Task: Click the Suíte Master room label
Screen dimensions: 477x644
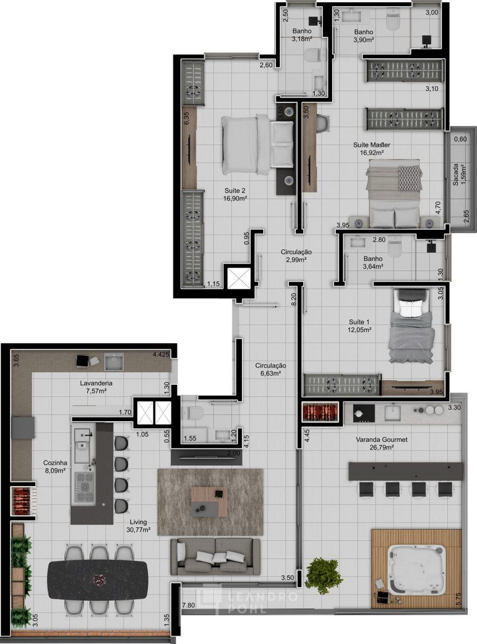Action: [372, 148]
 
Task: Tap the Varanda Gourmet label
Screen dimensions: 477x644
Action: [381, 443]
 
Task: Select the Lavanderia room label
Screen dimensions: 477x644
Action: [96, 387]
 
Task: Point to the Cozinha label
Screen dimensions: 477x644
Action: [55, 466]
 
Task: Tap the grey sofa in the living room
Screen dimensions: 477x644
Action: [216, 557]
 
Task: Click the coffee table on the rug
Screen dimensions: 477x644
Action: [209, 502]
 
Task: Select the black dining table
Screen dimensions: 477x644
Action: [98, 580]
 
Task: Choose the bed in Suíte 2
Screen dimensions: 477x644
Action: [258, 144]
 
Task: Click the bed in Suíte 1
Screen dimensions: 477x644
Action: [411, 326]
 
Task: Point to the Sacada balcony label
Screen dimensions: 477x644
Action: [460, 175]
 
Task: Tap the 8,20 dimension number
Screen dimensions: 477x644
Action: [293, 298]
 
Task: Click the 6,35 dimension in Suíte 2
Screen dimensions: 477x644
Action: [186, 118]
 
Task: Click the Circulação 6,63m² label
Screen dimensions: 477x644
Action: [270, 369]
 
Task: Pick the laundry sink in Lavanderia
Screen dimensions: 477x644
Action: [114, 361]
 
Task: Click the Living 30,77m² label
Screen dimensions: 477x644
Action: [138, 526]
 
